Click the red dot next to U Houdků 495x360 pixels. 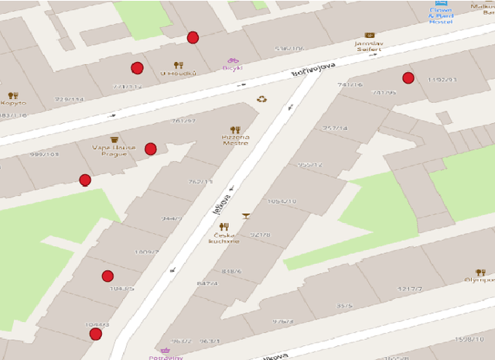click(138, 67)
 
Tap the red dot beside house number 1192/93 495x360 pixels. click(408, 77)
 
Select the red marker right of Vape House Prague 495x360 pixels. click(151, 149)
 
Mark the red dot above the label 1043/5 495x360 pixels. click(108, 276)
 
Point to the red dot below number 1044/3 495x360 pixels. click(96, 334)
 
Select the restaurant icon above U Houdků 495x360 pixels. click(179, 65)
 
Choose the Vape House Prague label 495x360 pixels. click(114, 150)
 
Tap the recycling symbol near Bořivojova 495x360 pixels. click(262, 99)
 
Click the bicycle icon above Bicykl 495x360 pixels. click(232, 60)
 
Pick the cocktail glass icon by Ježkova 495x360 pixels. click(246, 216)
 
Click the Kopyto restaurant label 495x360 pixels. click(12, 102)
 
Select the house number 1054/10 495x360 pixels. click(282, 201)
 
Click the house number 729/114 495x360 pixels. click(68, 99)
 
